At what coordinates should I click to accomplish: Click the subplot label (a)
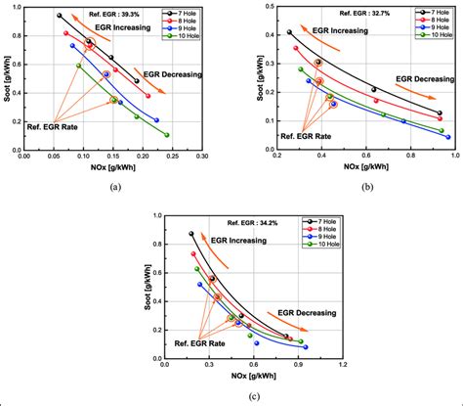click(115, 186)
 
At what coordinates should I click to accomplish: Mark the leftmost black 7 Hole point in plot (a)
click(60, 16)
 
